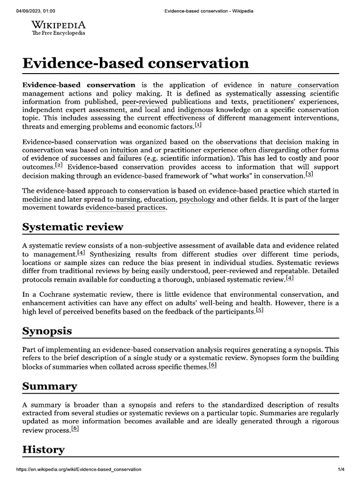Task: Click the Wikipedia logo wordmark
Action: [58, 25]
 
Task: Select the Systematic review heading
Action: [73, 227]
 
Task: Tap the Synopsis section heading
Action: [47, 331]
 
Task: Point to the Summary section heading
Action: [50, 386]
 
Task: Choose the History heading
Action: [44, 450]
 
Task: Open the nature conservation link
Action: [304, 85]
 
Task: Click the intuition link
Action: [124, 150]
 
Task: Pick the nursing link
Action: [128, 199]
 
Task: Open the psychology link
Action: [197, 199]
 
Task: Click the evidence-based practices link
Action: [126, 208]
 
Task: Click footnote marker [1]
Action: [198, 125]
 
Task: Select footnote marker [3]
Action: [309, 174]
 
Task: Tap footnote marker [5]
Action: [260, 311]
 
